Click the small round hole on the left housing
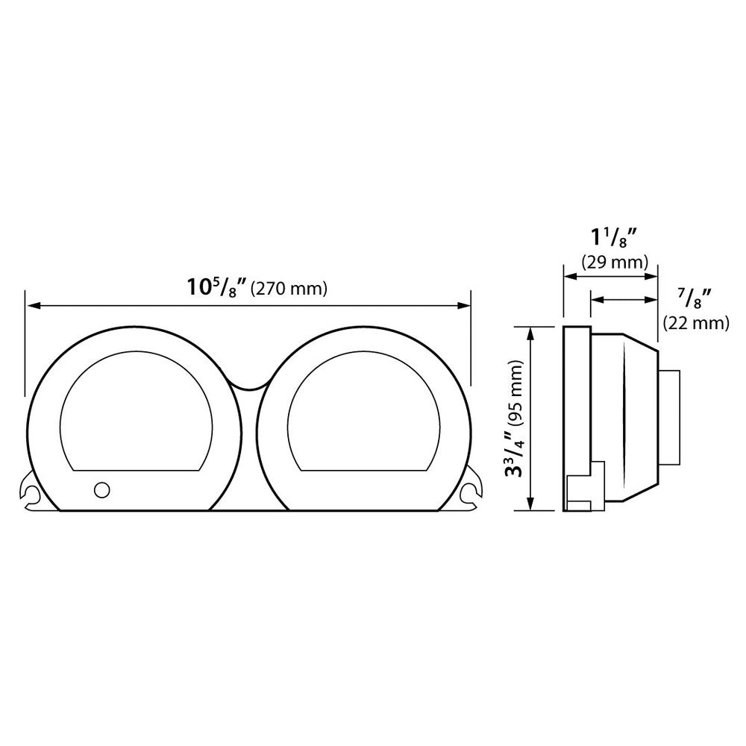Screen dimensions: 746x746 pos(101,489)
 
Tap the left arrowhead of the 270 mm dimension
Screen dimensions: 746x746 pos(30,305)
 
